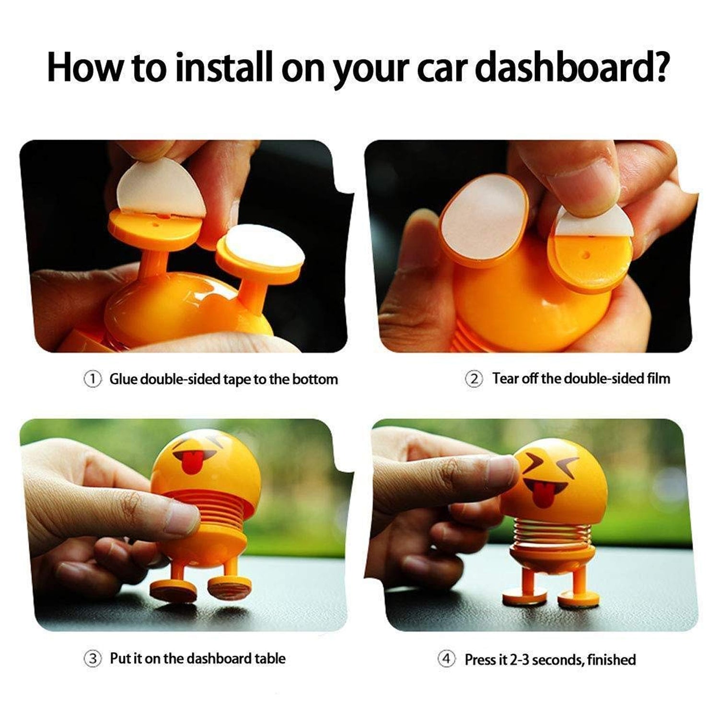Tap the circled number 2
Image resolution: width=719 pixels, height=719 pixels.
coord(474,379)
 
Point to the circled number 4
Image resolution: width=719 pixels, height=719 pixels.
coord(447,660)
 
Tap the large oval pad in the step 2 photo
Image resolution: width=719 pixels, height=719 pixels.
coord(484,215)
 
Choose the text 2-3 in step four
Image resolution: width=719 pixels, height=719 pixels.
coord(520,660)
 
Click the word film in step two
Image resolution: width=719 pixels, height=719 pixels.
coord(658,379)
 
